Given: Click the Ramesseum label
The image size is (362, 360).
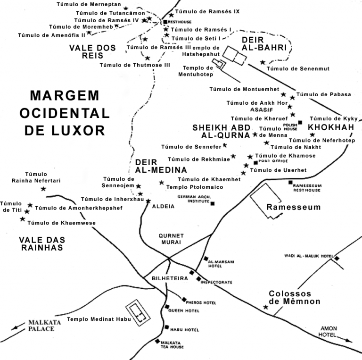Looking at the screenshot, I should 293,207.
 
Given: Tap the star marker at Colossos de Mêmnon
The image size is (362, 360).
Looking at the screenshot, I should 266,307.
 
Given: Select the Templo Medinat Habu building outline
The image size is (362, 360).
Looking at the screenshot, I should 139,313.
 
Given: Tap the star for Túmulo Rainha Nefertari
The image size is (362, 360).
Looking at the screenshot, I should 43,189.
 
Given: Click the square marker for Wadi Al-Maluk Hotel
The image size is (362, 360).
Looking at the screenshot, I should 337,258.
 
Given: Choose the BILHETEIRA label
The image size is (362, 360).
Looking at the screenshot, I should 170,278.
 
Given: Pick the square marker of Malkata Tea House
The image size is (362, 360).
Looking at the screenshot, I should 157,341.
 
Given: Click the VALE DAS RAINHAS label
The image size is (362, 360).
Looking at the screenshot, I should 42,243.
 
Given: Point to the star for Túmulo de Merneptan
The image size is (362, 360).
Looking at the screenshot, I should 125,8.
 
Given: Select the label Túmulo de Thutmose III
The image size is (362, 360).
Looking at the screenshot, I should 134,65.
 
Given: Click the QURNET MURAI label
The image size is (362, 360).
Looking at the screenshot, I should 171,238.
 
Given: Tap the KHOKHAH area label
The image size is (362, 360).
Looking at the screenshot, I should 331,128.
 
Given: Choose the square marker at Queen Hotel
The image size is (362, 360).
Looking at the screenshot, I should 166,307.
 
